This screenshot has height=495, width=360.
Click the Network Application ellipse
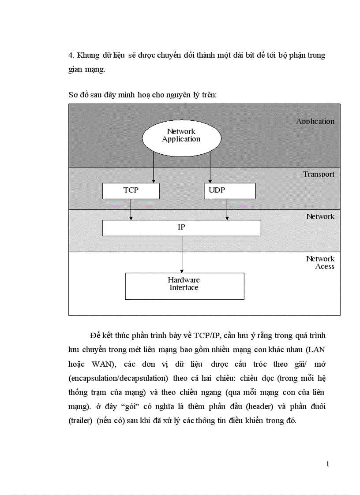181,135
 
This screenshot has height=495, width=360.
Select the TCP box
131,190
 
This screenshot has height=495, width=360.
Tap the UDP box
229,190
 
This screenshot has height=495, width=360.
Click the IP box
181,228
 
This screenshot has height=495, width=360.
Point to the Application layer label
315,121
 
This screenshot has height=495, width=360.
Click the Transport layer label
319,174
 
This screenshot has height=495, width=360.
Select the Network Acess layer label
320,262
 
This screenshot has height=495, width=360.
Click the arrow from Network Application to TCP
154,167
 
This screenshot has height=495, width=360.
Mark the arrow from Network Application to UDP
210,167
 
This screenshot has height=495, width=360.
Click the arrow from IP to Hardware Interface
182,254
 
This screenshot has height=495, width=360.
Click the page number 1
327,464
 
